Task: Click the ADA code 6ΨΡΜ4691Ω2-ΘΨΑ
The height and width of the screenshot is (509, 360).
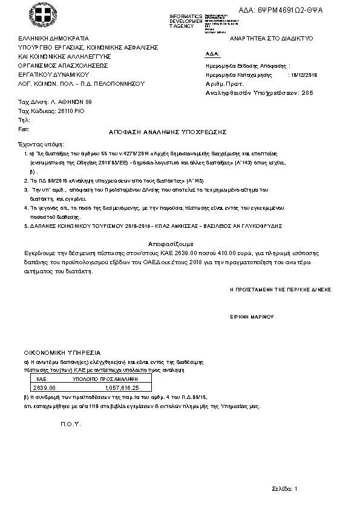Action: [x=290, y=11]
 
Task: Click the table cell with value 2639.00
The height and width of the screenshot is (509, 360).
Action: [x=44, y=387]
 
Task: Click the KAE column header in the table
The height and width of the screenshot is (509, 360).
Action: [x=42, y=377]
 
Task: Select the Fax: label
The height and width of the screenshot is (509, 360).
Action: [x=24, y=129]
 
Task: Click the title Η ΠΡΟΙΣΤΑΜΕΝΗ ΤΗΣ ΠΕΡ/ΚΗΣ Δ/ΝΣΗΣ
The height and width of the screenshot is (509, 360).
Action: [x=280, y=290]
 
